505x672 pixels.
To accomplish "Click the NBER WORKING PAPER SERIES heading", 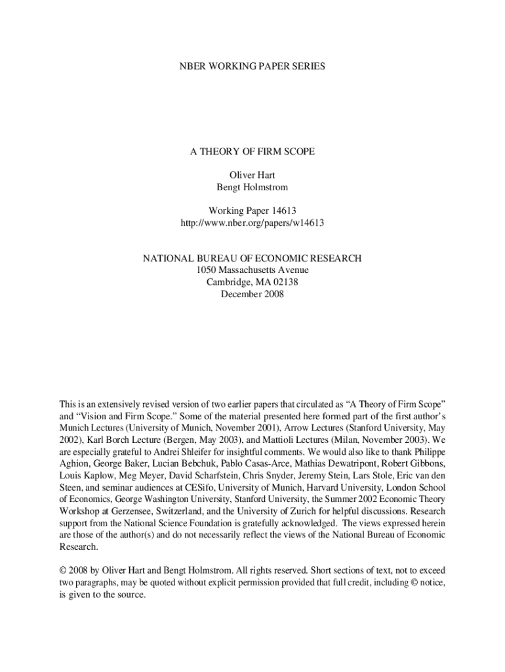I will [x=252, y=67].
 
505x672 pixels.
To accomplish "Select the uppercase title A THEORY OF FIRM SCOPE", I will [x=252, y=152].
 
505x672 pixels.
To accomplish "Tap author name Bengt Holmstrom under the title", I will [x=252, y=187].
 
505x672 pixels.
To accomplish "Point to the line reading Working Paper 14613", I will [x=252, y=211].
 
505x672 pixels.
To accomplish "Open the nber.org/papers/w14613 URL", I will [x=252, y=223].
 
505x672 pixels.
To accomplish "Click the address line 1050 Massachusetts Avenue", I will [x=252, y=270].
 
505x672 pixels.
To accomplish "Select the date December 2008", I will [x=252, y=295].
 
